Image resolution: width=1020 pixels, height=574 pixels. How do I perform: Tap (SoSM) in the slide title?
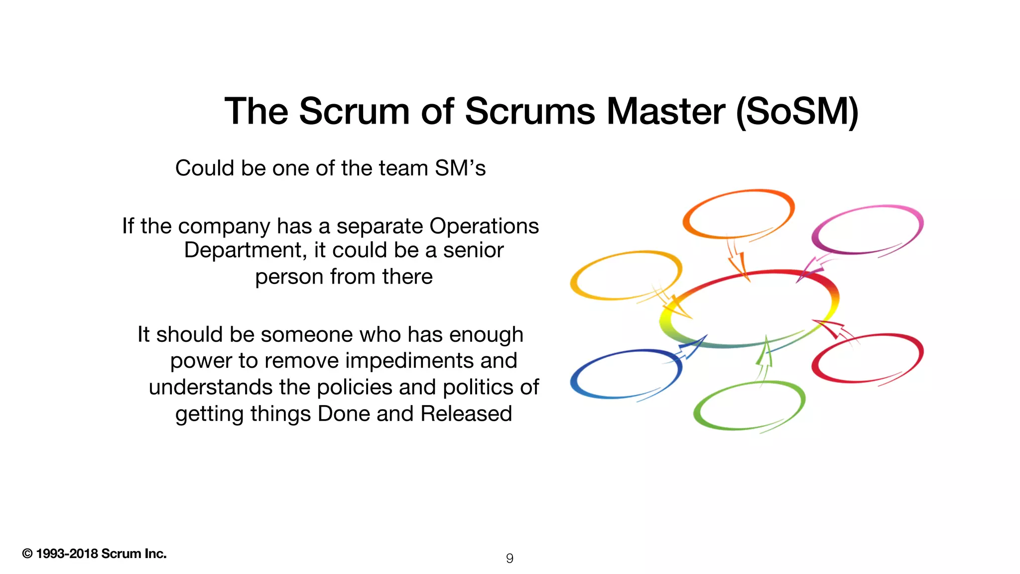click(x=797, y=112)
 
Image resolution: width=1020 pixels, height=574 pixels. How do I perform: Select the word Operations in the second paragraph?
click(x=484, y=226)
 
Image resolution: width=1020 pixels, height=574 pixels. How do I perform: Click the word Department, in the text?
click(x=245, y=250)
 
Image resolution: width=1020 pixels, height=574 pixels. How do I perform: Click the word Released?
click(x=466, y=414)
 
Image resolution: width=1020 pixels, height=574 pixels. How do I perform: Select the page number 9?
click(x=510, y=558)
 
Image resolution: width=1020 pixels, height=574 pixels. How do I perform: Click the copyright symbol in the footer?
click(x=27, y=554)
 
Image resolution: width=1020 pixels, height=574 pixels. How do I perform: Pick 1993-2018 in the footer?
click(x=67, y=554)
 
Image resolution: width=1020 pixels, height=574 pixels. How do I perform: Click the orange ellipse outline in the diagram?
click(x=738, y=192)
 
